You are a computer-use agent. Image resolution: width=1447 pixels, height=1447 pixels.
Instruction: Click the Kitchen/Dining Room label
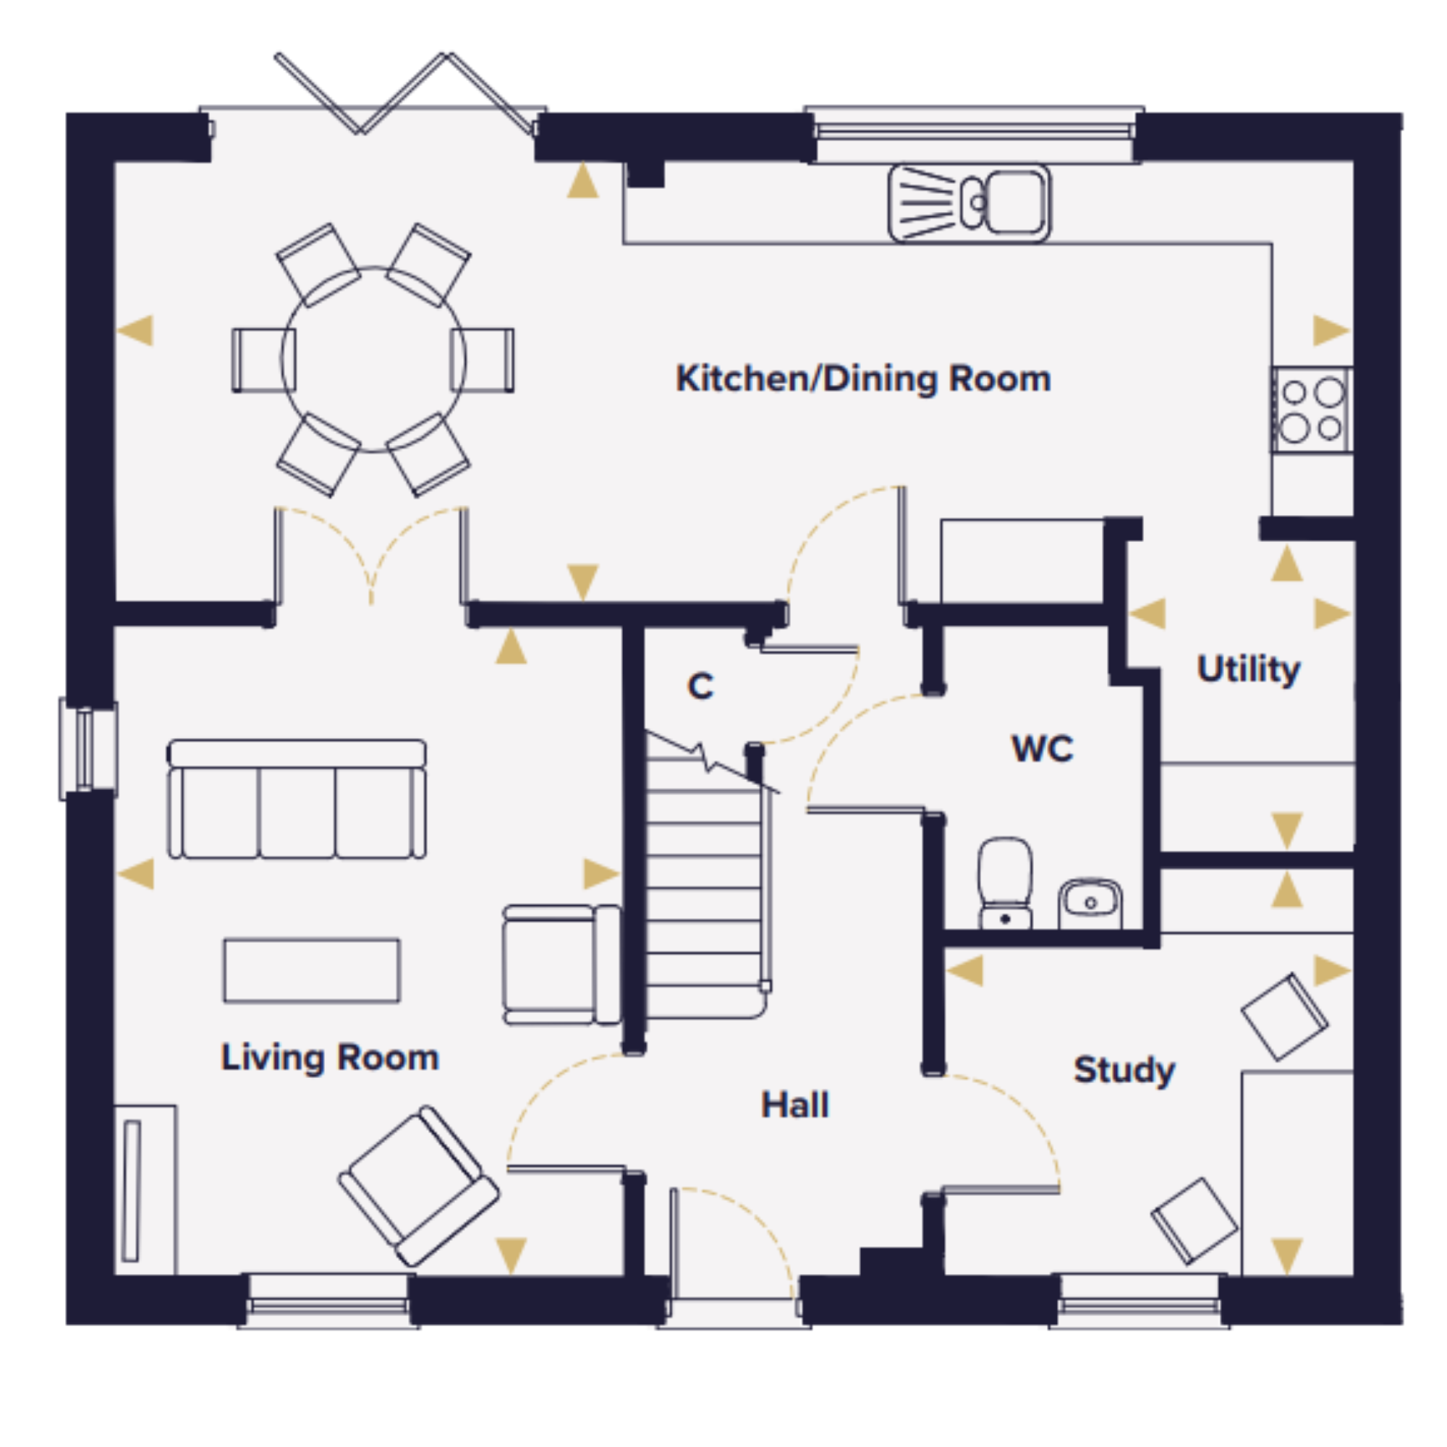click(863, 379)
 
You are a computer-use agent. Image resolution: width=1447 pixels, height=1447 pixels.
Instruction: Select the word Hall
click(795, 1105)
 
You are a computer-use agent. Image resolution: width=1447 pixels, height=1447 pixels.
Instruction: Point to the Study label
click(1124, 1070)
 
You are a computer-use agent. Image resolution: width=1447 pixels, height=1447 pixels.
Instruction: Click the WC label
click(1043, 748)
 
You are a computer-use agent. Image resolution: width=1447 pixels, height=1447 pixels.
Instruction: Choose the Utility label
click(1249, 669)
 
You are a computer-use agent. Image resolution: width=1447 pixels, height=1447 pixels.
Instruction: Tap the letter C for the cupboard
click(700, 686)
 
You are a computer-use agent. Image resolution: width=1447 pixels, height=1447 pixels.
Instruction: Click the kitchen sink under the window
click(969, 204)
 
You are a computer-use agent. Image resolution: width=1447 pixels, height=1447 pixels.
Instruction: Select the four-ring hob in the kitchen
click(1312, 410)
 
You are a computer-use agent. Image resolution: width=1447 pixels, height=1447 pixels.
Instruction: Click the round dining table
click(373, 360)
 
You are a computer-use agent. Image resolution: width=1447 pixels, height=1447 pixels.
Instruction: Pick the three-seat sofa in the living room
click(297, 799)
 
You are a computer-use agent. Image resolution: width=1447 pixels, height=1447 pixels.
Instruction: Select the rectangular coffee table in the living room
click(312, 970)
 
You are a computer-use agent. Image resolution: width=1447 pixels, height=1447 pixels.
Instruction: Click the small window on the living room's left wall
click(88, 749)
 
